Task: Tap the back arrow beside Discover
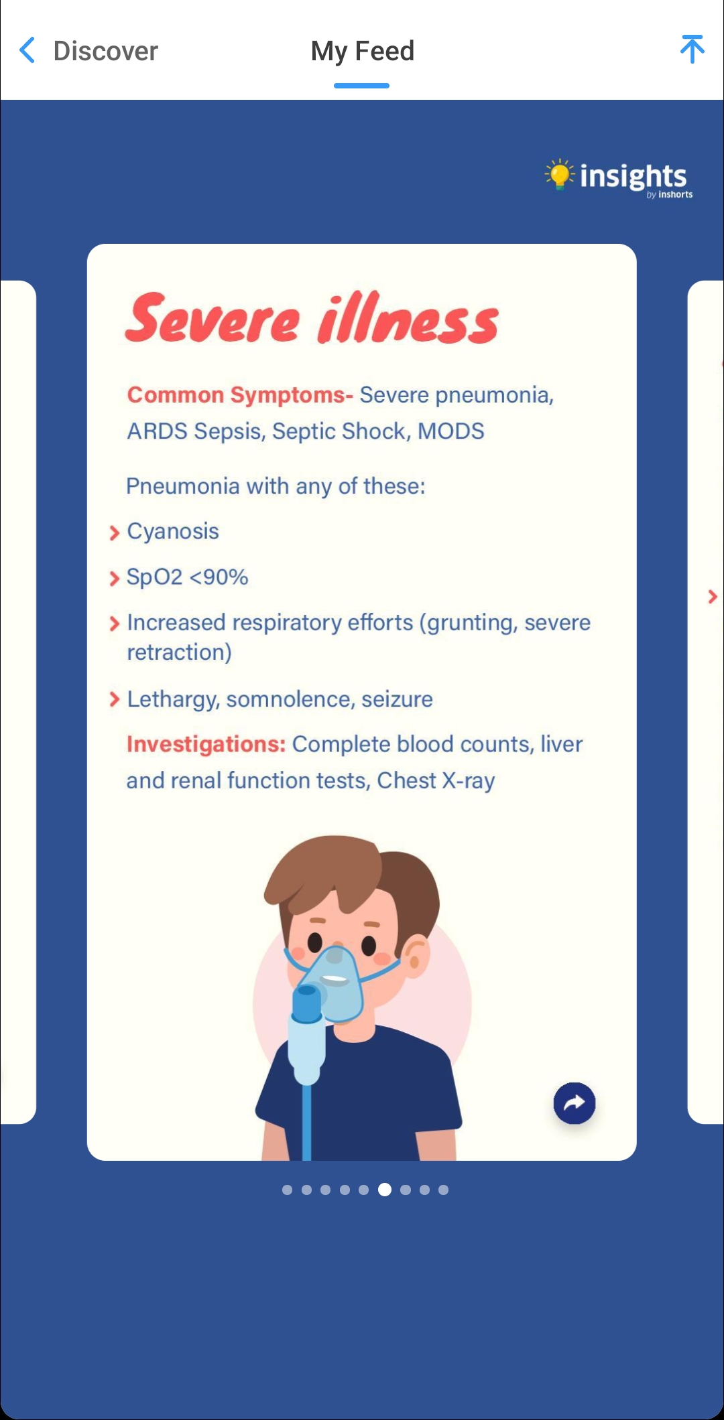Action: [27, 51]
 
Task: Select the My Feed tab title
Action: [362, 51]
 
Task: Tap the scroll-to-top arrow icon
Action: [692, 50]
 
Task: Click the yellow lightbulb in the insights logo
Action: [558, 174]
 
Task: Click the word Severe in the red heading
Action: [213, 319]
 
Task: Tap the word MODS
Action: [450, 431]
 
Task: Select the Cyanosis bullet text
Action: [173, 531]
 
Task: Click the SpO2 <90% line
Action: [187, 577]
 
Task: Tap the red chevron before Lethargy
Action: [114, 699]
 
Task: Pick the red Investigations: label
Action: [206, 744]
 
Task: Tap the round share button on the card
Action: [575, 1103]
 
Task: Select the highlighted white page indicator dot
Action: [385, 1190]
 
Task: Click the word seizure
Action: [397, 699]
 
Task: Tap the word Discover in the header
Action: [106, 51]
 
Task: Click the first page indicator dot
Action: [287, 1190]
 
